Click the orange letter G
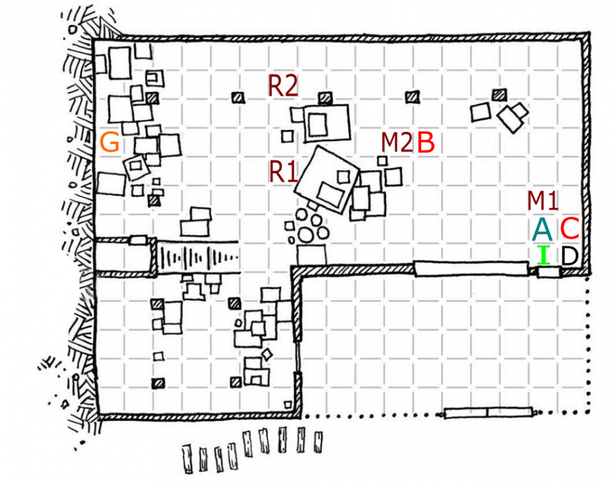[110, 142]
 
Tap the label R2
[283, 85]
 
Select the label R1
[283, 172]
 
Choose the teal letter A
[542, 229]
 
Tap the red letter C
[569, 228]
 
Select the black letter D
[569, 255]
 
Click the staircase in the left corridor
[198, 258]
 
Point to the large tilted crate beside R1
[327, 179]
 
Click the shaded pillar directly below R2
[325, 98]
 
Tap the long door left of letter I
[471, 269]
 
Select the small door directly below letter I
[548, 272]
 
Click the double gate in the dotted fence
[488, 413]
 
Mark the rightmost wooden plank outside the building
[318, 442]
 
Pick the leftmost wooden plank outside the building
[188, 458]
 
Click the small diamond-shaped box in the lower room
[267, 354]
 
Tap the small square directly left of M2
[382, 161]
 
